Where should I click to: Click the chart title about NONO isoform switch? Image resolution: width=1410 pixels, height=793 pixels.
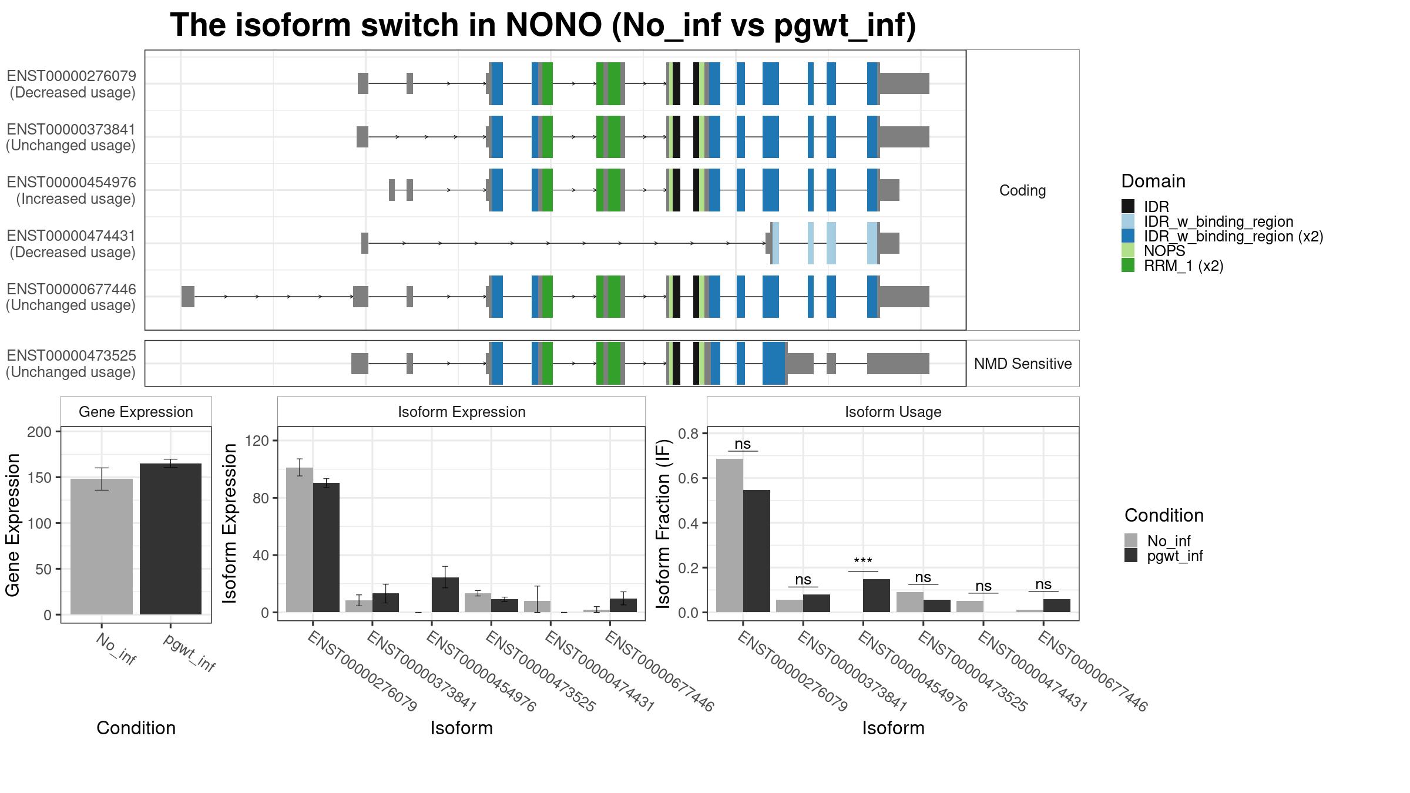(543, 26)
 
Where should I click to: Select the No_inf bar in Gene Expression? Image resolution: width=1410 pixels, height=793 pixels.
(102, 546)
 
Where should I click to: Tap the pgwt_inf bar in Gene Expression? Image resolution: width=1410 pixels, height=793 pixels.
(170, 539)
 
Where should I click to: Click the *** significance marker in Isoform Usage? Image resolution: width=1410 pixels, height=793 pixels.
(863, 562)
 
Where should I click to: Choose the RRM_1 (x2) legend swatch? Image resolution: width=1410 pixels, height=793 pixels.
(1128, 266)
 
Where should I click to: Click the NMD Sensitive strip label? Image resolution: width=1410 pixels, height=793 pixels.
(1023, 364)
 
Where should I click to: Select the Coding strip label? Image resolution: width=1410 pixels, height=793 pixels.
(1023, 190)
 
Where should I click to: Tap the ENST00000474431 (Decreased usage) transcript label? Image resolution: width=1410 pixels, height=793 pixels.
(72, 244)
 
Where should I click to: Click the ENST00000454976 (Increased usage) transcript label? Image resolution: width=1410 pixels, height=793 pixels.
(72, 190)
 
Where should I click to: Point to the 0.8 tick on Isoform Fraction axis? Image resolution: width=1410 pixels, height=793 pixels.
(689, 434)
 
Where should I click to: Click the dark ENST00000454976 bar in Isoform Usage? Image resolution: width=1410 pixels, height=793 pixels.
(877, 596)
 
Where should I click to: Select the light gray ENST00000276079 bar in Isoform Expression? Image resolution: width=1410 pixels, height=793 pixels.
(300, 540)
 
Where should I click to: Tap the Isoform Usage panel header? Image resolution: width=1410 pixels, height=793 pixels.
(893, 412)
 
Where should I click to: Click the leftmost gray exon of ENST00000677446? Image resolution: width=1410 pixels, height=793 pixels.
(188, 297)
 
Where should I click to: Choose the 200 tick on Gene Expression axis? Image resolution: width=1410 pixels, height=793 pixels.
(39, 432)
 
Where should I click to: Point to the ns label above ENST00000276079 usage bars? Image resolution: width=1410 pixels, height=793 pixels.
(743, 444)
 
